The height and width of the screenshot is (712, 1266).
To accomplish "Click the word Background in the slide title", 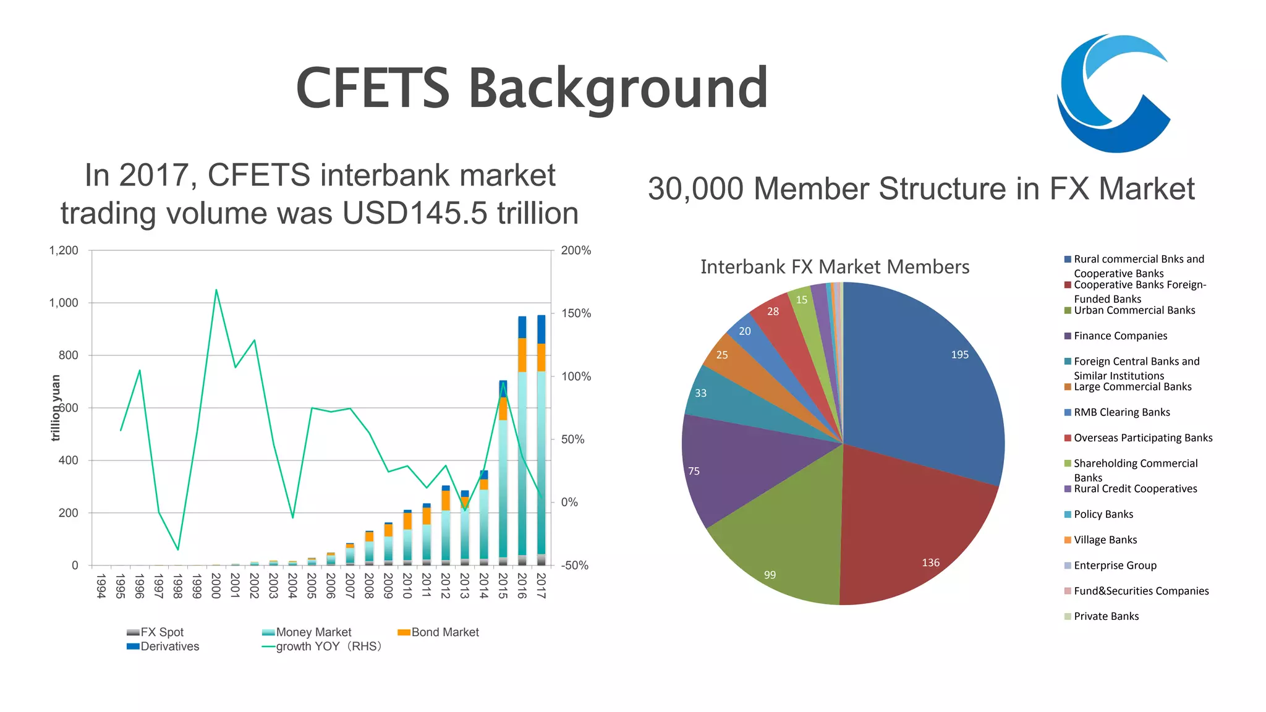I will [618, 88].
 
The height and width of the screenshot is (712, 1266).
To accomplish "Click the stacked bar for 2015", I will [503, 482].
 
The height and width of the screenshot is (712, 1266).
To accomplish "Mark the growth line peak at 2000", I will [216, 290].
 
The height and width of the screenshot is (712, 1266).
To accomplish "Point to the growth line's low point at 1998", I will [178, 549].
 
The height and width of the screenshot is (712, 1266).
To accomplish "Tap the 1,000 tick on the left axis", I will [64, 303].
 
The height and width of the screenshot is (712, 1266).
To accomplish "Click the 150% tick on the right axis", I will [576, 313].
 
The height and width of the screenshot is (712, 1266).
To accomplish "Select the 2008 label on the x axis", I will [369, 586].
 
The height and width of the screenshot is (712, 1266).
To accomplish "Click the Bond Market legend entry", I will [444, 632].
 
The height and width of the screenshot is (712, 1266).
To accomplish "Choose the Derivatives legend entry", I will [169, 646].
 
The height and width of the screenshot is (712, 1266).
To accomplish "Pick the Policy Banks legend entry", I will [1103, 514].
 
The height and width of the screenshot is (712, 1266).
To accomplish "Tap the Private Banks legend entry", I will [1106, 616].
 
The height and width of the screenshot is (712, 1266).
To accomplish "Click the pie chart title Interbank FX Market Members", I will [835, 267].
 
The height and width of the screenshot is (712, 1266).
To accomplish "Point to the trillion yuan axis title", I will [56, 408].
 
